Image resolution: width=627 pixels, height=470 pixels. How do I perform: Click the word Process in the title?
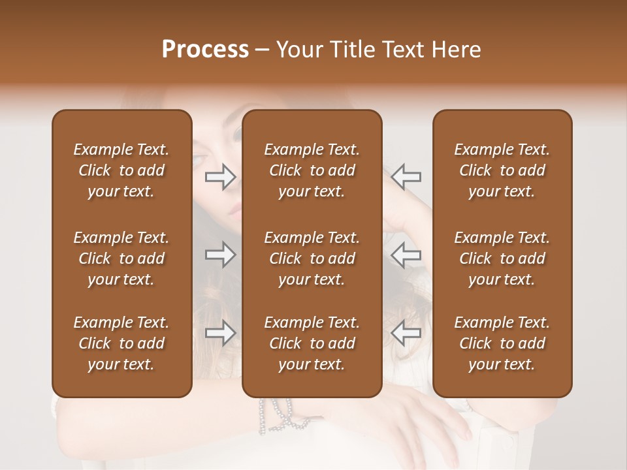205,50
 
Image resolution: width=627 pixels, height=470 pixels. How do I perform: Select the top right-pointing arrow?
221,176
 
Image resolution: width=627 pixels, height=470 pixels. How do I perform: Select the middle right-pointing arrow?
221,255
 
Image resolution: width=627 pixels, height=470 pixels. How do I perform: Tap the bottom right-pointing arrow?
221,333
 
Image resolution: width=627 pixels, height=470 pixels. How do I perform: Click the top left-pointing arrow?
406,176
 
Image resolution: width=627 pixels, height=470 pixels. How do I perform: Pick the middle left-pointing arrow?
406,255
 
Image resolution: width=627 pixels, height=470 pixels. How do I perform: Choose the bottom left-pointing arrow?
406,333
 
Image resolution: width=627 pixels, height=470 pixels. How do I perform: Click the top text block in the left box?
121,170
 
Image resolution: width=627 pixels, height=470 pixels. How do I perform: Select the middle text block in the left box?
121,258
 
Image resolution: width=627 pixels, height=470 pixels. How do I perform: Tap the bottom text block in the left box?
121,343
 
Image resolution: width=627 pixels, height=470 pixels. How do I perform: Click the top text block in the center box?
312,170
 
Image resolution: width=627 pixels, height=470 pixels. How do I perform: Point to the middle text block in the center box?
312,258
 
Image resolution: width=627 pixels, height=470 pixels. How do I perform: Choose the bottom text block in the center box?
312,343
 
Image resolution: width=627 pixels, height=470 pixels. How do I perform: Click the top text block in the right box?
502,170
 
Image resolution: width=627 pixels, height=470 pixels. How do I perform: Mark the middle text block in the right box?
502,258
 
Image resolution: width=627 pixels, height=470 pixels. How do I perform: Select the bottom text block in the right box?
502,343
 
